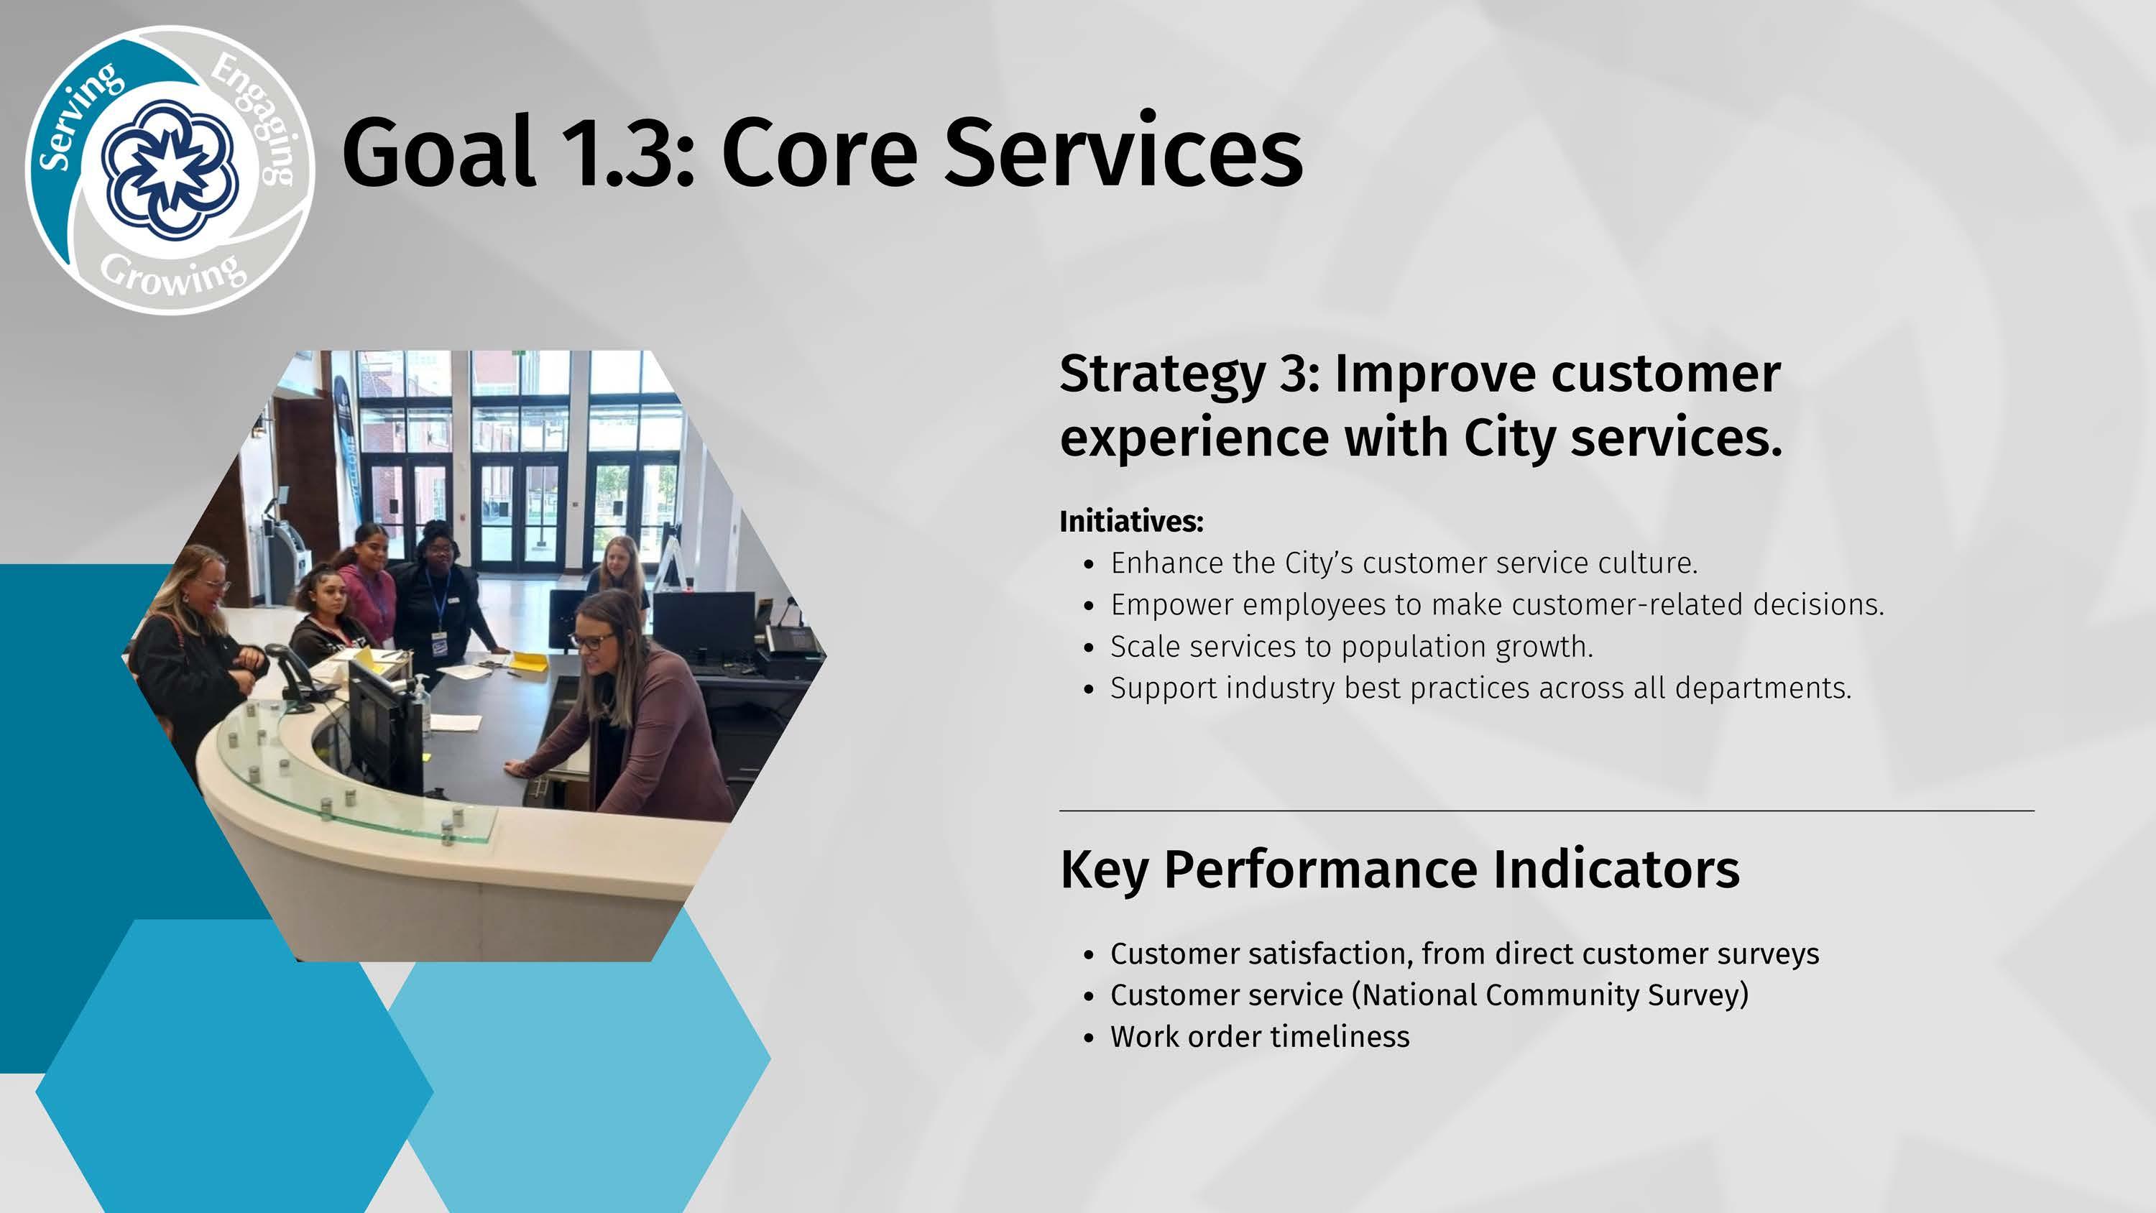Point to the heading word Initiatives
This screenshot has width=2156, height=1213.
(x=1130, y=522)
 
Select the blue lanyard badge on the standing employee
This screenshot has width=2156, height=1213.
(x=439, y=645)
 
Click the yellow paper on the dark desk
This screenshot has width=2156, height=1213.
(x=529, y=661)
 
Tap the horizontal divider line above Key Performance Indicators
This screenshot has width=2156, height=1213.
(x=1547, y=811)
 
